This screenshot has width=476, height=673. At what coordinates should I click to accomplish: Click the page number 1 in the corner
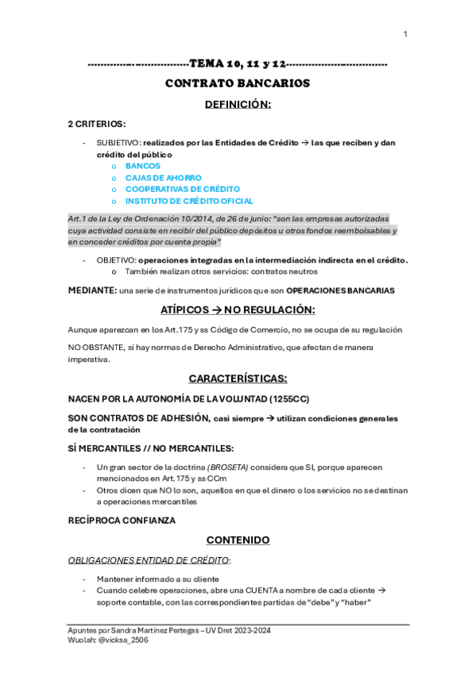(x=405, y=33)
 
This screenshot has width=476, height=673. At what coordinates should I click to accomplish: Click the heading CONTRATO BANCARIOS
(x=238, y=83)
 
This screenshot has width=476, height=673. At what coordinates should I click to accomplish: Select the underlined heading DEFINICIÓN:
(x=238, y=104)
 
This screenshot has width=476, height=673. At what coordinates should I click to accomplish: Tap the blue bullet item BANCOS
(x=143, y=166)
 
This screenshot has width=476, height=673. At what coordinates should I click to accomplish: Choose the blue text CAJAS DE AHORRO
(x=164, y=178)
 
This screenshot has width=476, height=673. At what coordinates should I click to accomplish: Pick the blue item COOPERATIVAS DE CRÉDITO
(x=183, y=189)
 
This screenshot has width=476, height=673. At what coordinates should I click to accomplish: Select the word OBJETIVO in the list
(x=116, y=260)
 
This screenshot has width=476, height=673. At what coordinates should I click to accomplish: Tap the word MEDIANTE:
(x=92, y=290)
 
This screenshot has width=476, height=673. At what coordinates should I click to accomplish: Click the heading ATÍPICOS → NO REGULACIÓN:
(x=238, y=310)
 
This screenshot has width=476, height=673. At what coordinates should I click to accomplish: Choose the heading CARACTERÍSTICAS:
(x=238, y=378)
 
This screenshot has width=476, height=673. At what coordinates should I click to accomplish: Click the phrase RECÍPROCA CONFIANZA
(x=122, y=521)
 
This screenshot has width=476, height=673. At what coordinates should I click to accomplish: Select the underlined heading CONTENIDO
(x=238, y=540)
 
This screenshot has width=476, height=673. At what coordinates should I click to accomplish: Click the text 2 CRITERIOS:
(x=97, y=124)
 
